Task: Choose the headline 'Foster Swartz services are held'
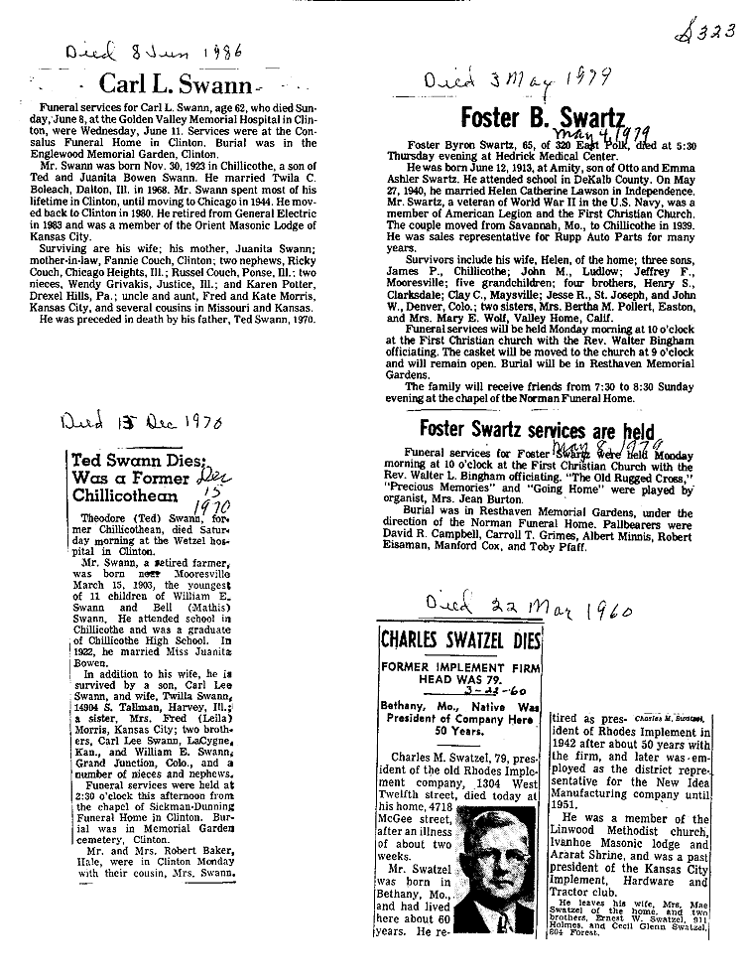pos(537,429)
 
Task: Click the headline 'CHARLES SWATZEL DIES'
pos(460,638)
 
